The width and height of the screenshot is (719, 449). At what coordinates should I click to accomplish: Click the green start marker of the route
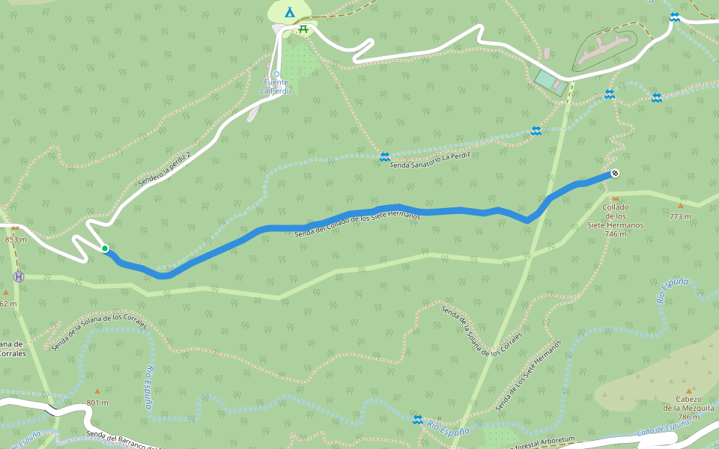(105, 248)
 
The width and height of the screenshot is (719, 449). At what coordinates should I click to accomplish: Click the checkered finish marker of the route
(615, 174)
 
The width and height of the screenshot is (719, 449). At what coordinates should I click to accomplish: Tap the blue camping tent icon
(290, 12)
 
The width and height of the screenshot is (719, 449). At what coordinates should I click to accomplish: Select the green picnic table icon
(303, 29)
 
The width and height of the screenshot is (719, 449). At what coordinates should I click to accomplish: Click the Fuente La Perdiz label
(276, 86)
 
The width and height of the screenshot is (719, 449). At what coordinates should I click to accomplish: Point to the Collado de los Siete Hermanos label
(615, 220)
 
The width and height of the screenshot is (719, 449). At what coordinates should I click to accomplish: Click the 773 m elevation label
(680, 216)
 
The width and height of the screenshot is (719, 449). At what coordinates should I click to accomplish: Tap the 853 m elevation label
(15, 239)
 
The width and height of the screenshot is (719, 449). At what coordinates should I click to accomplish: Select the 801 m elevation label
(97, 403)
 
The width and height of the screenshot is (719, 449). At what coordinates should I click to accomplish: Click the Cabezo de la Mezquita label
(688, 408)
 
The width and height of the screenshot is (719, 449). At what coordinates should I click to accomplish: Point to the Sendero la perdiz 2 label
(165, 169)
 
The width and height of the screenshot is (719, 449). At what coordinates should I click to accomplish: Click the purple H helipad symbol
(19, 277)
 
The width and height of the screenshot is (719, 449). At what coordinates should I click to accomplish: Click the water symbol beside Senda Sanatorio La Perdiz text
(384, 156)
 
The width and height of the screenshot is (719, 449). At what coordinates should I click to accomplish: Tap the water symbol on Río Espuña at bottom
(418, 419)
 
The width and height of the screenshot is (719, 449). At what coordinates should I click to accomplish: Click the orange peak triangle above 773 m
(681, 205)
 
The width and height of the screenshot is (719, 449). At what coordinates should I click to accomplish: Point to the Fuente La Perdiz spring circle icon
(276, 73)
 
